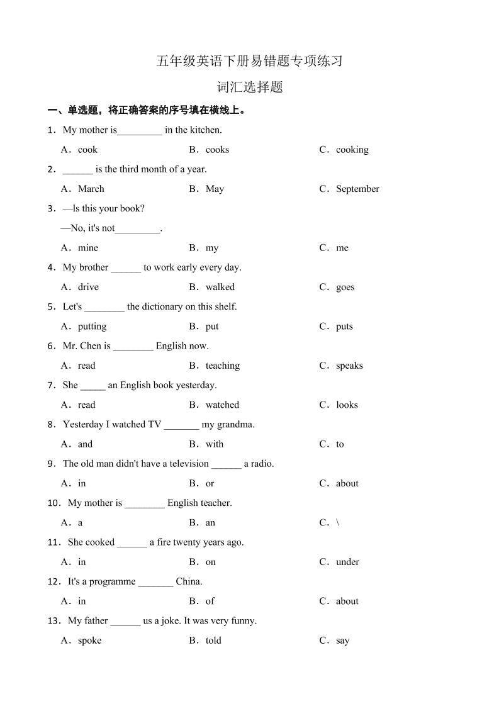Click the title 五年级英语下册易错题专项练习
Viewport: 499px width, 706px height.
pyautogui.click(x=249, y=61)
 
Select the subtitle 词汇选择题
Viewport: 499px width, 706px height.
pyautogui.click(x=249, y=87)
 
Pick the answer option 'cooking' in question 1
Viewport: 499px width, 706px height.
pyautogui.click(x=352, y=150)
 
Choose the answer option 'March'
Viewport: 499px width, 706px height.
pyautogui.click(x=91, y=189)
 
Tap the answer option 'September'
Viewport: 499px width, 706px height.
pyautogui.click(x=357, y=189)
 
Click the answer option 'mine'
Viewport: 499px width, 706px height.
pyautogui.click(x=87, y=248)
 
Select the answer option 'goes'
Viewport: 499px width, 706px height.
pyautogui.click(x=345, y=287)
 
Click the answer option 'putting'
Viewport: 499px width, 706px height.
pyautogui.click(x=92, y=327)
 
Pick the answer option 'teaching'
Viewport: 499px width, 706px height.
pyautogui.click(x=222, y=366)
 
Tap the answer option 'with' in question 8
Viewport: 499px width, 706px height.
pyautogui.click(x=215, y=444)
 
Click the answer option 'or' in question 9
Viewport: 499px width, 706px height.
pyautogui.click(x=210, y=484)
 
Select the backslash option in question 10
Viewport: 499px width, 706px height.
pyautogui.click(x=338, y=523)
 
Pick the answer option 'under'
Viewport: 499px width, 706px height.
pyautogui.click(x=347, y=562)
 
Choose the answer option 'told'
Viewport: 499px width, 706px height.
pyautogui.click(x=213, y=641)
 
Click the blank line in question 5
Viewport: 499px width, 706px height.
pyautogui.click(x=104, y=308)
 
